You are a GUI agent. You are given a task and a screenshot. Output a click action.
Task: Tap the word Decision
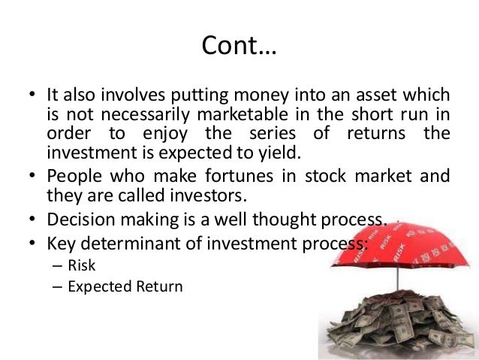[76, 220]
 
